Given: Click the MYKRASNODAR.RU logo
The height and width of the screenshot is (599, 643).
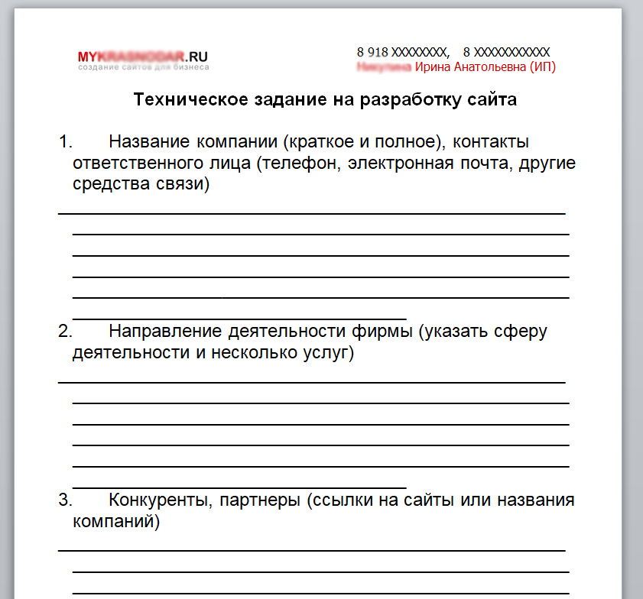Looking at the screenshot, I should (x=142, y=56).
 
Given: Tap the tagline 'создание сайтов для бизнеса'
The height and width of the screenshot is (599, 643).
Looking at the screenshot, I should (x=143, y=67).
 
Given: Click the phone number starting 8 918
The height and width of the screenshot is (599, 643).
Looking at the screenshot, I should (x=401, y=52).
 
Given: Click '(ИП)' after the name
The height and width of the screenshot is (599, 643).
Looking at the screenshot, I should (x=542, y=67).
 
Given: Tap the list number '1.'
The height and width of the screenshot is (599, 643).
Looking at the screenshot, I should (x=66, y=141).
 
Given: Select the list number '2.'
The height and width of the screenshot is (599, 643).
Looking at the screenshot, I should (x=66, y=332).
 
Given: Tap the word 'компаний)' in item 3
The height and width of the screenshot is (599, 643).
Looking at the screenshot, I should (x=116, y=523).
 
